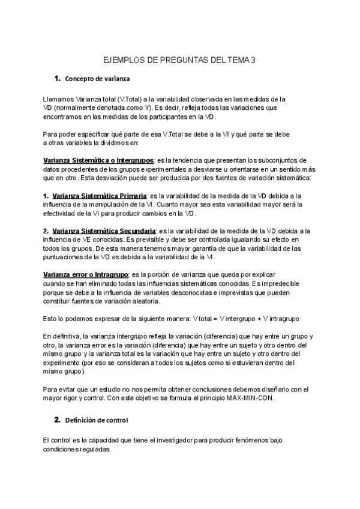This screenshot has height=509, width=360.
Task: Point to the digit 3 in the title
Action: click(254, 61)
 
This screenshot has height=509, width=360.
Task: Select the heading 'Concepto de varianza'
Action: click(97, 79)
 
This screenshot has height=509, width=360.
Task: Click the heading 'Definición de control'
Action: click(96, 419)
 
